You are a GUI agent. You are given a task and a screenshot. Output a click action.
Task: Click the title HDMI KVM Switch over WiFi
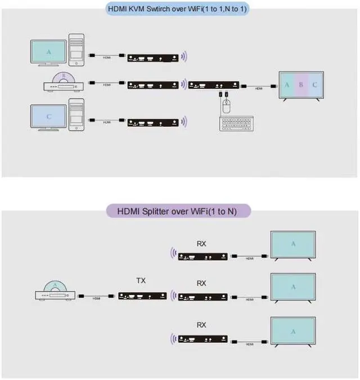point(179,9)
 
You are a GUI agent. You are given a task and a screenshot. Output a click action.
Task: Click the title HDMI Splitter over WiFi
point(179,212)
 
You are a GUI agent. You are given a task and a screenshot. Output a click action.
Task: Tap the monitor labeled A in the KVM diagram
point(49,52)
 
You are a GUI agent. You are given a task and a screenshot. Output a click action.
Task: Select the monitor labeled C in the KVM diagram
point(49,117)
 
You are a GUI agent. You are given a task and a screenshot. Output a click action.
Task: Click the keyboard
point(236,123)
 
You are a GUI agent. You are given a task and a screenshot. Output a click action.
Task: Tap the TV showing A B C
point(301,86)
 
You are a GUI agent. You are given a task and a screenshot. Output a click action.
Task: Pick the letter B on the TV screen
point(301,85)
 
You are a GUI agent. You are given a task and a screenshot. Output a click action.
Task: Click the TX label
point(141,280)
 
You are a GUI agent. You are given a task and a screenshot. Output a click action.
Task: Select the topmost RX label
point(201,244)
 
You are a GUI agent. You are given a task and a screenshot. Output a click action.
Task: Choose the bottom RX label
point(201,325)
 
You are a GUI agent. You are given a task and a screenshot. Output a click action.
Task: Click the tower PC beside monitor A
point(76,50)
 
